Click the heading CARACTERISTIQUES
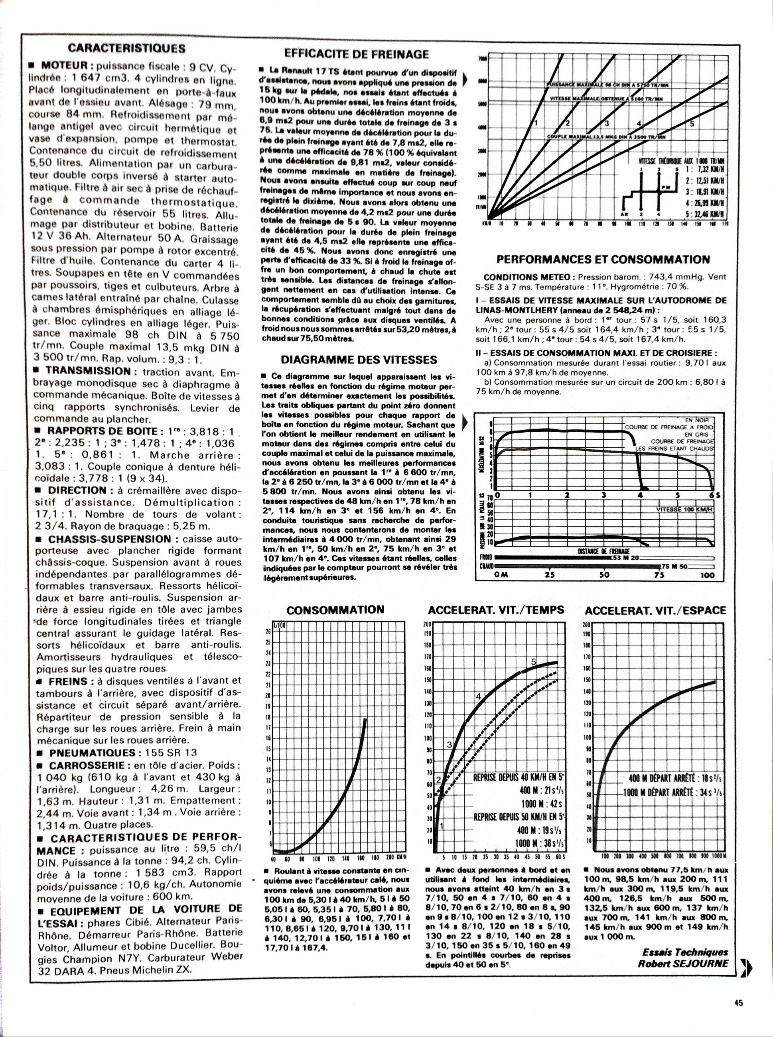click(x=126, y=48)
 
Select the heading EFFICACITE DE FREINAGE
click(x=357, y=54)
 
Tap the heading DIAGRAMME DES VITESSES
click(x=359, y=359)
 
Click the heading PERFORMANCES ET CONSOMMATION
click(x=603, y=259)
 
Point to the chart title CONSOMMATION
click(x=335, y=610)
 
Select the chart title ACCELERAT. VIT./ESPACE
click(x=655, y=610)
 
